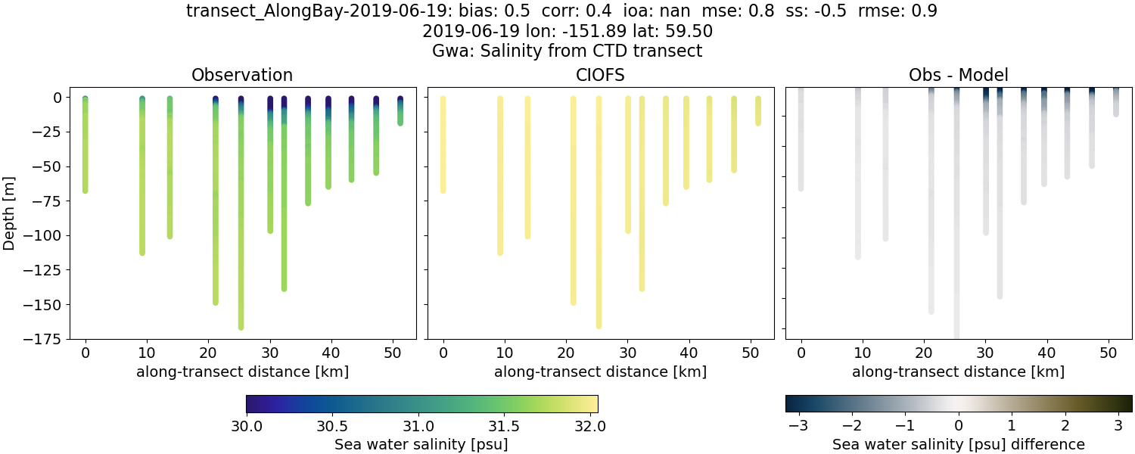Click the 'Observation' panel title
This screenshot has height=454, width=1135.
coord(242,75)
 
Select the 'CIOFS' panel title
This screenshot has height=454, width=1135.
coord(600,75)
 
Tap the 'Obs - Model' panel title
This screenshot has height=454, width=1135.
coord(958,75)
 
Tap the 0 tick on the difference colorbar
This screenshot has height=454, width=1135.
coord(959,425)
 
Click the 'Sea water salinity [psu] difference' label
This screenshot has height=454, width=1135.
coord(958,444)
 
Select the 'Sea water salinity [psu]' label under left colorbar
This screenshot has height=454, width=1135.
coord(421,444)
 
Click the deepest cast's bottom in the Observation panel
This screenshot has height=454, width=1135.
coord(241,327)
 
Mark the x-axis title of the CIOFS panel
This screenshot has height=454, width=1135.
coord(600,372)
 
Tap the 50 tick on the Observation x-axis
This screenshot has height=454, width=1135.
coord(392,353)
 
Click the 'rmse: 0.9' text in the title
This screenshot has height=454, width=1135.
coord(891,11)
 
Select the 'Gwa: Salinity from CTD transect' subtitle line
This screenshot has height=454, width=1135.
coord(567,51)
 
